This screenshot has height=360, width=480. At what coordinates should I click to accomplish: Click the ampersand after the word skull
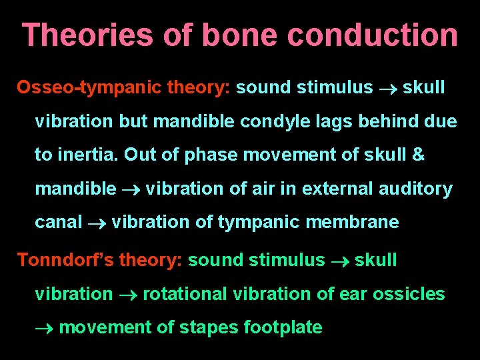coord(418,155)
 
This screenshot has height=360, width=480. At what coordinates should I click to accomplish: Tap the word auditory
coord(415,189)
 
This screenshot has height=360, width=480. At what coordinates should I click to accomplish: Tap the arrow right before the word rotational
coord(127,295)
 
